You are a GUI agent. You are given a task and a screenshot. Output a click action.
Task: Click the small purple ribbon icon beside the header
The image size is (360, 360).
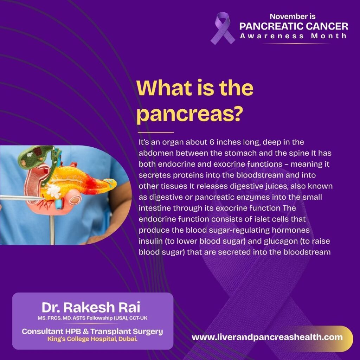222,28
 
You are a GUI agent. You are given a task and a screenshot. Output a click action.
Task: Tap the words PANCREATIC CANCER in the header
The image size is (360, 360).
294,26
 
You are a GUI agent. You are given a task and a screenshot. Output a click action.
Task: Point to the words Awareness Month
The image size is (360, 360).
294,36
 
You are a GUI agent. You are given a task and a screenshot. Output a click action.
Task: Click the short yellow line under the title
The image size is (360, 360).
155,133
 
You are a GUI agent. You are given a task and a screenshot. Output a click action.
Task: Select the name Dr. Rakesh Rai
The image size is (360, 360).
91,307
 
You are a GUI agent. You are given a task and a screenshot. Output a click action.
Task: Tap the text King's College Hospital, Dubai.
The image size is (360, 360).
92,339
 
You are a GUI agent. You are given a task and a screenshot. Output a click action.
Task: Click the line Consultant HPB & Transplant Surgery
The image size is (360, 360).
92,331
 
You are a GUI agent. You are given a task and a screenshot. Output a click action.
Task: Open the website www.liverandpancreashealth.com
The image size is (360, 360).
267,337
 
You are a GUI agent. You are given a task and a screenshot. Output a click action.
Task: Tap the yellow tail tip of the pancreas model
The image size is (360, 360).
112,183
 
